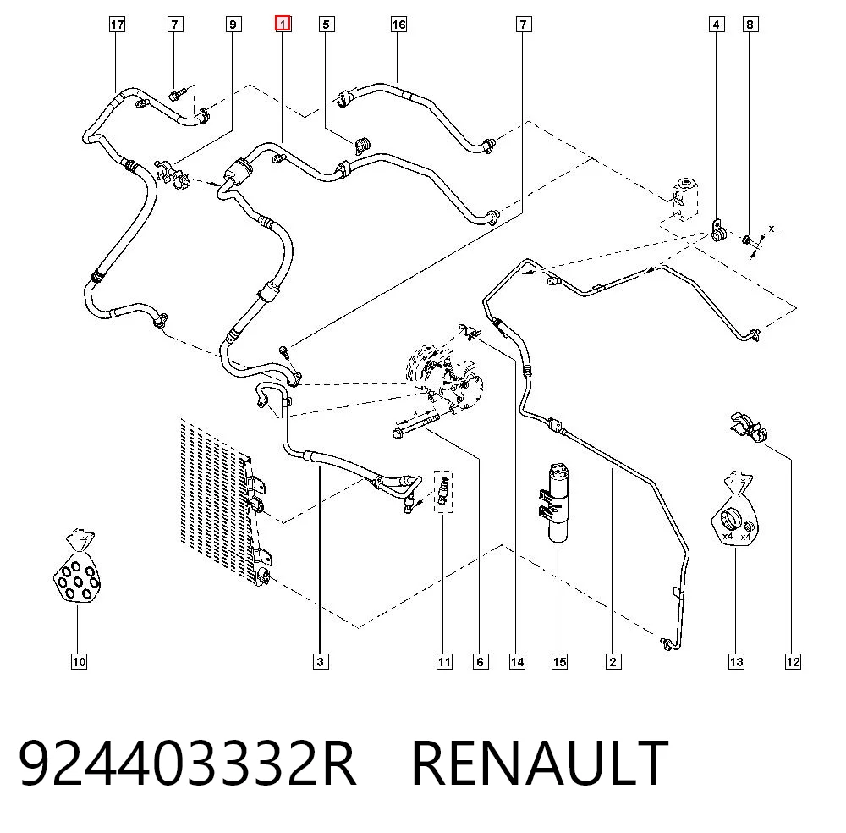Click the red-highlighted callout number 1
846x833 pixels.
[283, 25]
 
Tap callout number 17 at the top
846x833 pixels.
[117, 25]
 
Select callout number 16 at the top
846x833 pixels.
[398, 25]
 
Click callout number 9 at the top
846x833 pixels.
[233, 25]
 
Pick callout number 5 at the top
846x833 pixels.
[326, 25]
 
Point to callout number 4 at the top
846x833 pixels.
[716, 25]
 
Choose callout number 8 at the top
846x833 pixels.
[750, 25]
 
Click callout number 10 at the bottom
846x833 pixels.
[79, 662]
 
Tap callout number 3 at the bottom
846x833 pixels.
[321, 662]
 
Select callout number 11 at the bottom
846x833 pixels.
[444, 662]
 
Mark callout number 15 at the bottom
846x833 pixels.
[559, 662]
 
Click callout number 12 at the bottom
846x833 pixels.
[794, 662]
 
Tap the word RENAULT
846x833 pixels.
[540, 762]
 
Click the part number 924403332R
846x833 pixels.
[187, 762]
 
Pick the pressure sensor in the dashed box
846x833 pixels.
[443, 490]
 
